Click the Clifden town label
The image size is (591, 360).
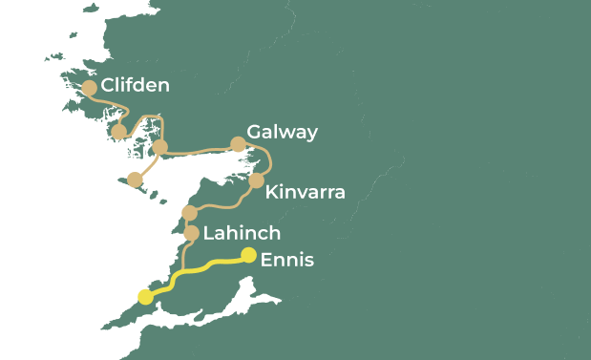click(136, 86)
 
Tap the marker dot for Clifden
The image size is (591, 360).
click(90, 88)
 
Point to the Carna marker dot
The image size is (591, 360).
click(119, 133)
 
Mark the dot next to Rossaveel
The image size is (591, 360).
click(160, 147)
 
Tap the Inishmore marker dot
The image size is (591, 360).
click(136, 180)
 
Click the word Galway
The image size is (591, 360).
click(282, 132)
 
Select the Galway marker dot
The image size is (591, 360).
click(238, 145)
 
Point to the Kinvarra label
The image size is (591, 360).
click(306, 193)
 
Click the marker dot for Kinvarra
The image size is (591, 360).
click(256, 180)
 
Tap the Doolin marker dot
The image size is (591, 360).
click(189, 213)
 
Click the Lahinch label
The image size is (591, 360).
click(242, 233)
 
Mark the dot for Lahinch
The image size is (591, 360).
click(191, 233)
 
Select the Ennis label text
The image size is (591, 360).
click(286, 259)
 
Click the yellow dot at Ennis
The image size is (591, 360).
click(248, 255)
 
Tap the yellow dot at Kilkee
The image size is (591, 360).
click(145, 297)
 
